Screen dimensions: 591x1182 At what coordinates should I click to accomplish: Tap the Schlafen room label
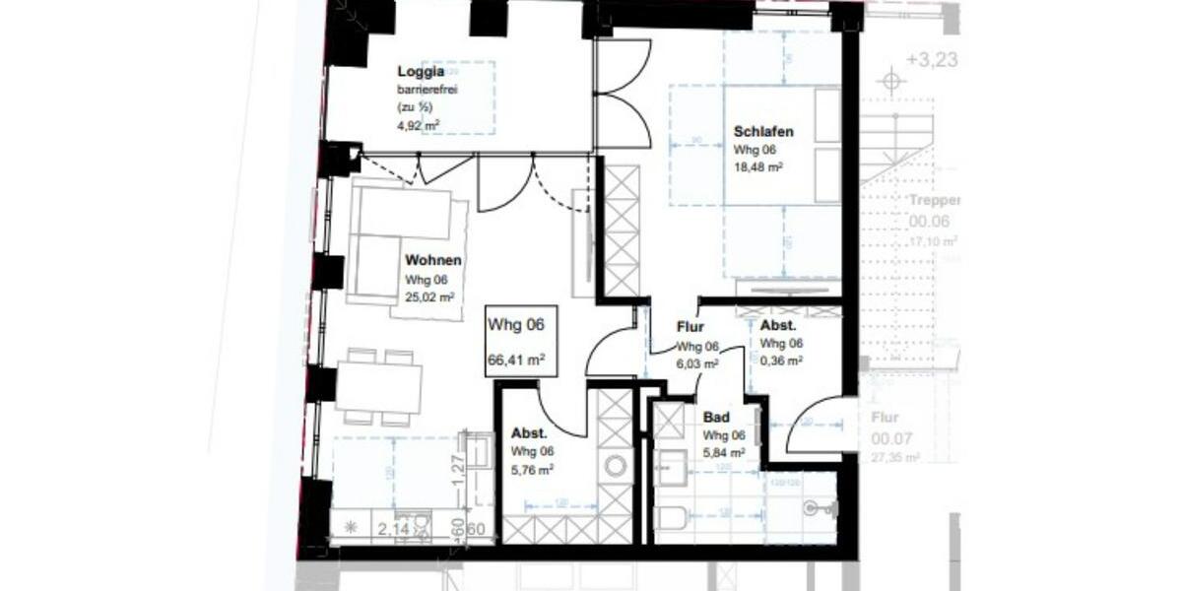763,132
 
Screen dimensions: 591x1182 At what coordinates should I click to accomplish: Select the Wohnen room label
433,261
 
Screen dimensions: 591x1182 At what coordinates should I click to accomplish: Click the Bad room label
715,417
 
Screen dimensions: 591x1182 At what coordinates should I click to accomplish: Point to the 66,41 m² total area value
517,361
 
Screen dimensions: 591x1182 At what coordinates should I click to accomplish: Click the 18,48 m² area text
758,168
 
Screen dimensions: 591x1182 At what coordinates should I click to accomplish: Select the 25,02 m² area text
430,296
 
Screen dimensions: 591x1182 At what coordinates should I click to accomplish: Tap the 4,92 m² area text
419,124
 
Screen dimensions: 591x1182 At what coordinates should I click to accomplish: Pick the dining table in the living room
379,386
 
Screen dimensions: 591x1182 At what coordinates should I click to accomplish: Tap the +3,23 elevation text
931,59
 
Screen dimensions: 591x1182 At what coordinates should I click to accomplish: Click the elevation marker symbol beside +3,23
891,81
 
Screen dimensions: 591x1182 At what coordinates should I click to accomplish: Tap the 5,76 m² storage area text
532,470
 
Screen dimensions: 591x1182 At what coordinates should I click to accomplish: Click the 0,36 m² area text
781,361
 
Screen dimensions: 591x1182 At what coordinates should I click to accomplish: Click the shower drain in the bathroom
811,507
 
